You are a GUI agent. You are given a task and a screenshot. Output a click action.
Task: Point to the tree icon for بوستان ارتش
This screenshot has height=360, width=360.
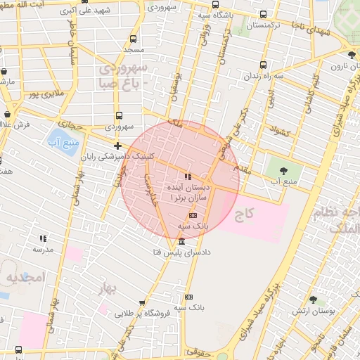coord(313,300)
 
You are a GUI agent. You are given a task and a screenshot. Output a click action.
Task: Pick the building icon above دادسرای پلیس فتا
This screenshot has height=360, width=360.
coord(182,240)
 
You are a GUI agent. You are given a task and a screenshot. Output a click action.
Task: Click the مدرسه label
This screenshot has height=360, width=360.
coord(43,249)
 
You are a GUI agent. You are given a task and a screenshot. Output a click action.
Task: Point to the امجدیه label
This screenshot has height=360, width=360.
coord(26,278)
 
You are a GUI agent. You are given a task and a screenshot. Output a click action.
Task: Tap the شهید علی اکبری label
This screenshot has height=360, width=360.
coord(86,12)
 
